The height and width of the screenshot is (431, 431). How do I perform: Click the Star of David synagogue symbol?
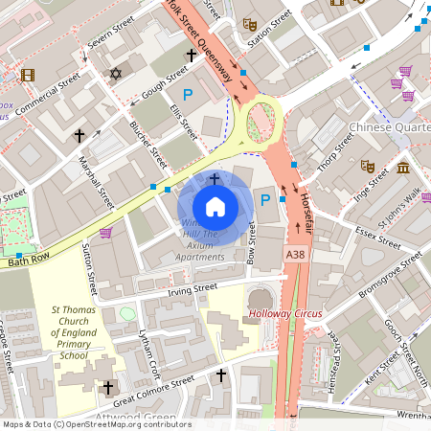pyautogui.click(x=117, y=74)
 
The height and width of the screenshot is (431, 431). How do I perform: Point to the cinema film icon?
pyautogui.click(x=27, y=75)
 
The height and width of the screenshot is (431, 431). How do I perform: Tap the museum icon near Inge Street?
pyautogui.click(x=403, y=169)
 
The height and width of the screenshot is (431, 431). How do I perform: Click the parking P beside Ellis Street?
pyautogui.click(x=188, y=94)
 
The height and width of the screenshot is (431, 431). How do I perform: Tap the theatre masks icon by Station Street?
pyautogui.click(x=250, y=24)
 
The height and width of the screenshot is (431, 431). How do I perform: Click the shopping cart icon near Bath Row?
pyautogui.click(x=105, y=232)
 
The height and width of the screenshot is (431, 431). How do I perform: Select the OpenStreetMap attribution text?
pyautogui.click(x=96, y=424)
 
